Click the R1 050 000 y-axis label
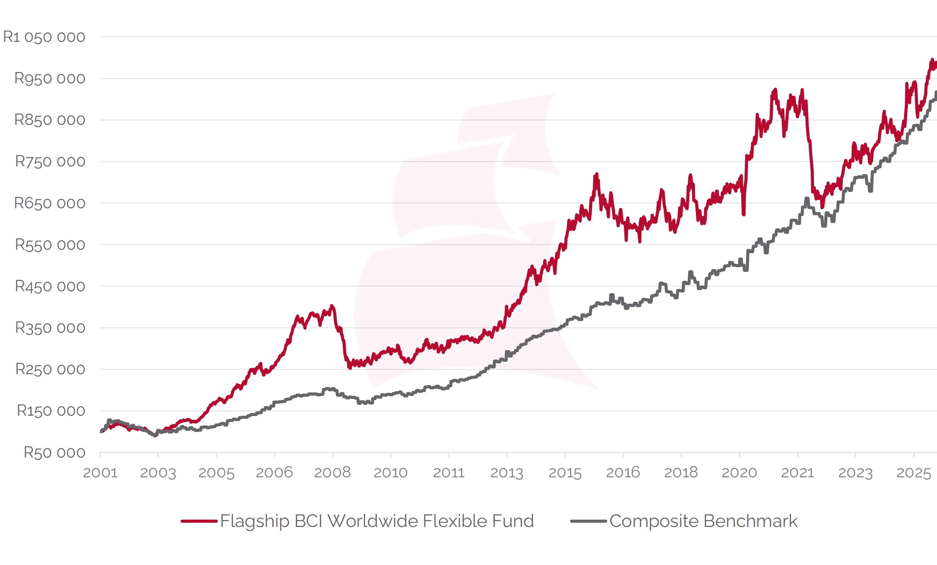point(44,37)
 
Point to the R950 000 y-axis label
point(50,79)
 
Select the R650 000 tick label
point(50,203)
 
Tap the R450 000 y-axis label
point(50,286)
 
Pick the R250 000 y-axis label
point(50,369)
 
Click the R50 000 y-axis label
point(54,453)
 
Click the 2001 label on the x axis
point(100,473)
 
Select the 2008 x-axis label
point(332,473)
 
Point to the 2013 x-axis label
point(507,473)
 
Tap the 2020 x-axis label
point(739,473)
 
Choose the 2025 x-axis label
point(914,473)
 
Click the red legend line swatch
point(199,521)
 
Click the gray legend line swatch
point(588,521)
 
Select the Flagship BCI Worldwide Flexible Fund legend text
point(377,521)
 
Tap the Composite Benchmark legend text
point(703,521)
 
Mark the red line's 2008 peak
point(332,306)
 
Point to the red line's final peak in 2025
point(932,60)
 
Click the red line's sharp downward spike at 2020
point(744,214)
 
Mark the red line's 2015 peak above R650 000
point(597,174)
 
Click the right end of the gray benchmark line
point(936,92)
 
